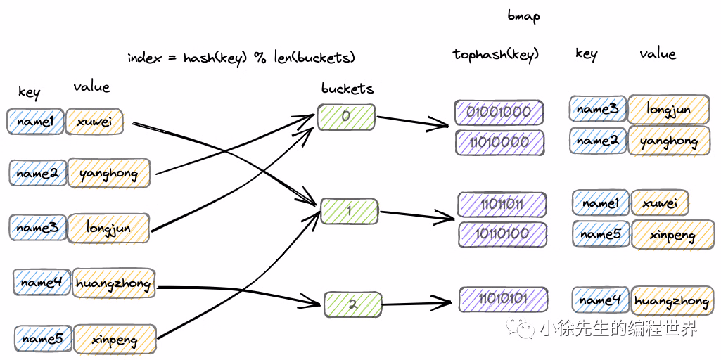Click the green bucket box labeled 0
click(345, 117)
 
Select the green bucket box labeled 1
click(349, 210)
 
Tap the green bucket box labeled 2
click(352, 304)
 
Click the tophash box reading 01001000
click(499, 112)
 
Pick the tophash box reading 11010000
click(499, 142)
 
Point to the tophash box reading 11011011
click(502, 204)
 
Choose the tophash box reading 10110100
click(502, 233)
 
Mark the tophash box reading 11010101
click(503, 299)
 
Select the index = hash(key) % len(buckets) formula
click(241, 58)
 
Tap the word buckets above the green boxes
click(347, 89)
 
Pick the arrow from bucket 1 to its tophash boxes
click(415, 216)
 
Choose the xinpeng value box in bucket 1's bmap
click(671, 235)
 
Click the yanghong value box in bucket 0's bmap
click(668, 141)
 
